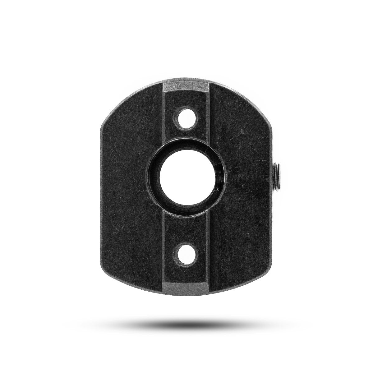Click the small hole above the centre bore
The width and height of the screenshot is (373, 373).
(186, 119)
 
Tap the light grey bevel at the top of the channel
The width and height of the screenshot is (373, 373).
(186, 85)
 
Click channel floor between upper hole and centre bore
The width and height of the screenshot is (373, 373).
(186, 137)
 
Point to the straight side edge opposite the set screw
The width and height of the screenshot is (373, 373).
(101, 193)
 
